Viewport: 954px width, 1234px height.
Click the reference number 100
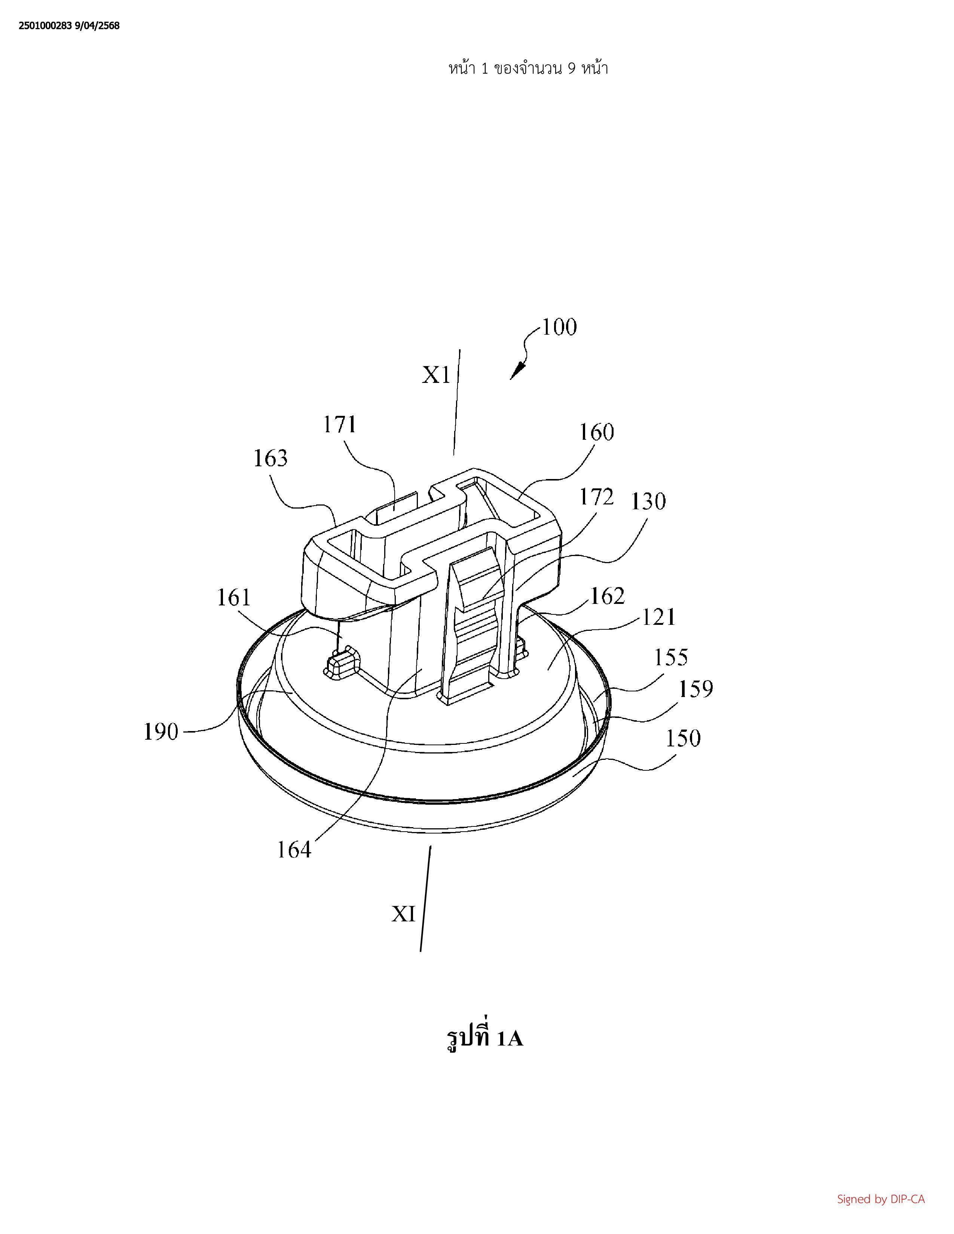click(560, 327)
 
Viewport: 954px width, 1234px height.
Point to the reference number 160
click(597, 432)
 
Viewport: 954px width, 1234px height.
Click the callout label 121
click(659, 617)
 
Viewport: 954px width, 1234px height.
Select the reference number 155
click(671, 657)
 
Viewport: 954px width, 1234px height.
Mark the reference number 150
click(683, 738)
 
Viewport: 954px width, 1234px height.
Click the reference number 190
click(161, 732)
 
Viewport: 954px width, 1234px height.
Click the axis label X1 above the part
click(436, 375)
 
